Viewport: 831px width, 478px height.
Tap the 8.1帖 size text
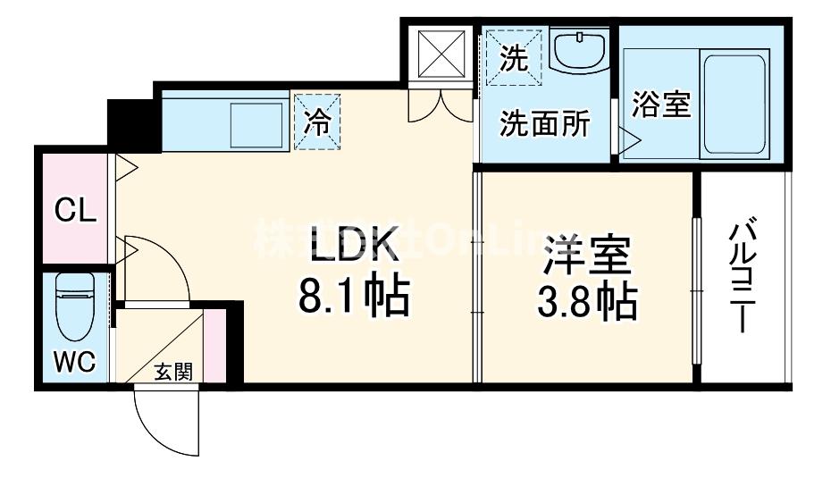pyautogui.click(x=352, y=297)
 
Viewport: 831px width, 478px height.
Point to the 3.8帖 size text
pyautogui.click(x=588, y=304)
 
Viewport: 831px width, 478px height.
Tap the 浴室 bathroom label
pyautogui.click(x=661, y=105)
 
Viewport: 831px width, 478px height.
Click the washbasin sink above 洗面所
pyautogui.click(x=580, y=50)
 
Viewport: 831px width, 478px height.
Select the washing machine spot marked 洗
pyautogui.click(x=514, y=59)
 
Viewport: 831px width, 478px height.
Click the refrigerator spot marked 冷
pyautogui.click(x=318, y=122)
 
